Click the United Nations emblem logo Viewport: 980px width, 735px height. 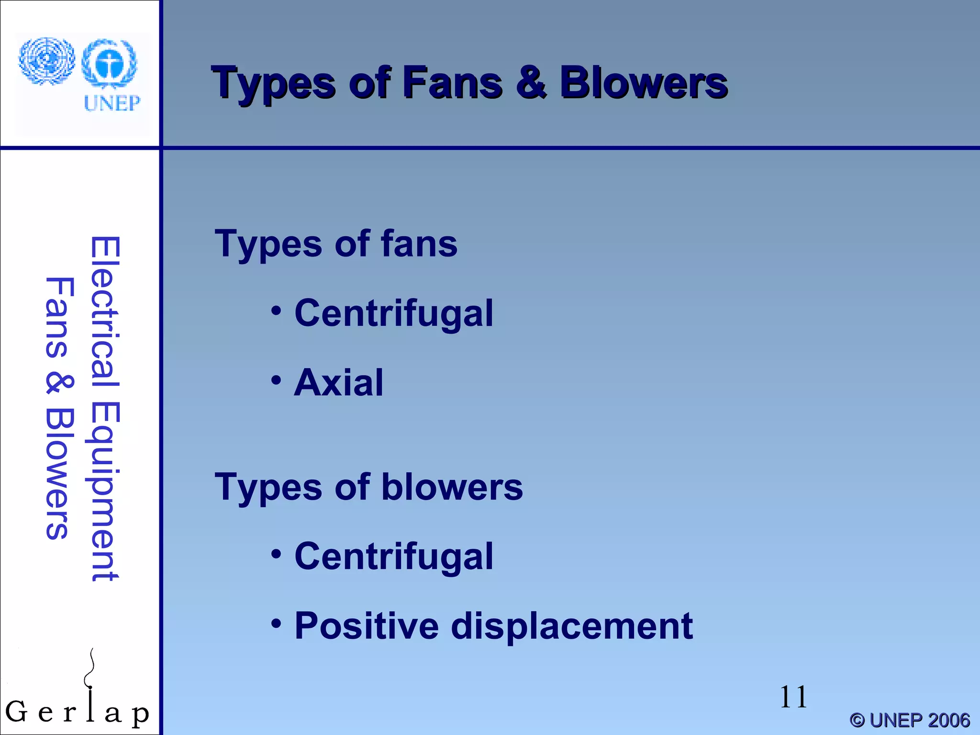(46, 61)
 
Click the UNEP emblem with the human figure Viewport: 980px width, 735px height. (110, 64)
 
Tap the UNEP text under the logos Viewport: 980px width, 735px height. (112, 103)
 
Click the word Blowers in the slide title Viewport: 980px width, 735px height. (644, 83)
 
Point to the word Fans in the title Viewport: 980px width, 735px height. (452, 83)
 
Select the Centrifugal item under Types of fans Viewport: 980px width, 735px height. (393, 313)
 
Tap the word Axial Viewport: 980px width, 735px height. (339, 383)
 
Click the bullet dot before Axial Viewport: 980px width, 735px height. (276, 381)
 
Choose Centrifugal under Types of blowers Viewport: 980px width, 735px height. (393, 557)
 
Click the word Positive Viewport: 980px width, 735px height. (367, 626)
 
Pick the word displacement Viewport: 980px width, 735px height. (572, 626)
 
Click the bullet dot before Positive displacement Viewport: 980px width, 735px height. (276, 624)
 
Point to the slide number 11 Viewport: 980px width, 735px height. (793, 697)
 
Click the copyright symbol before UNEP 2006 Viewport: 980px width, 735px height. (857, 720)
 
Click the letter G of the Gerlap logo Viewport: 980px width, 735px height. (16, 712)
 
